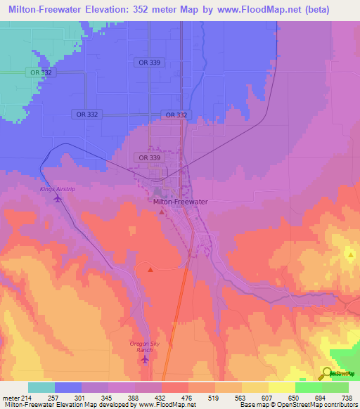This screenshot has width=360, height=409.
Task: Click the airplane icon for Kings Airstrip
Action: click(58, 199)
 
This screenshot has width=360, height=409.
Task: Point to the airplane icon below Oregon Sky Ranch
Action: click(146, 360)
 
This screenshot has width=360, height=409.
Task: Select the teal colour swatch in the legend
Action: click(41, 387)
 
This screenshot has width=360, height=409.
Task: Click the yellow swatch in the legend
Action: click(281, 387)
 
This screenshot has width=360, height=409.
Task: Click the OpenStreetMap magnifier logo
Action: click(328, 373)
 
